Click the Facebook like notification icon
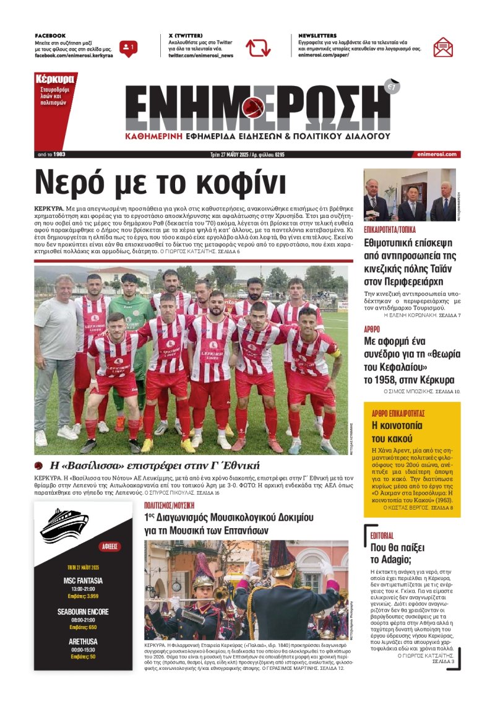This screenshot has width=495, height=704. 128,47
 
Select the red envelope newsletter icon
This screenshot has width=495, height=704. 443,47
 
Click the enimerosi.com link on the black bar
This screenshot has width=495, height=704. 437,154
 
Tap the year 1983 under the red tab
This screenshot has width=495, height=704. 59,154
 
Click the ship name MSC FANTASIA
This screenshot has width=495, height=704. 84,581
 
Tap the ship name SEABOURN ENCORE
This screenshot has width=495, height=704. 84,612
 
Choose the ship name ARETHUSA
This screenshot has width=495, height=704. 84,641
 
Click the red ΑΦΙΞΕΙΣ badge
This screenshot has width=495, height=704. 110,547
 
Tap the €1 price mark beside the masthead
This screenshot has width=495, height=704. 392,86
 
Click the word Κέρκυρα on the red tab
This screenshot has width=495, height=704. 55,79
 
